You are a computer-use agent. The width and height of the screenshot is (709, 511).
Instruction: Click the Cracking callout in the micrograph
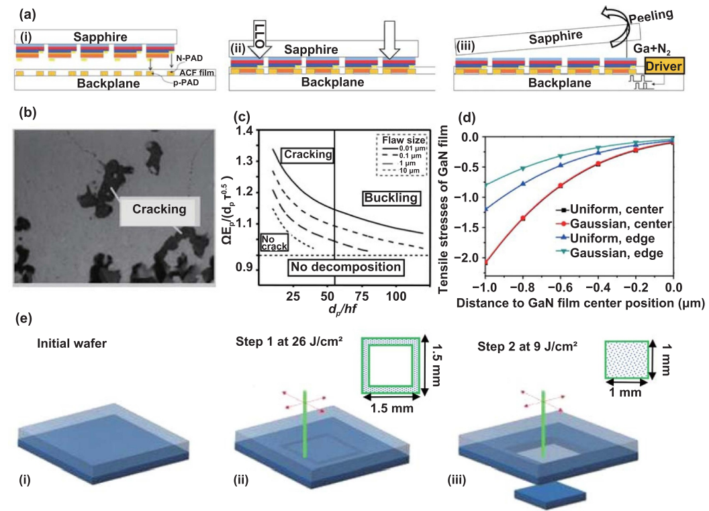(x=158, y=210)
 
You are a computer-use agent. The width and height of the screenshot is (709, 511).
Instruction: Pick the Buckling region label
(x=391, y=198)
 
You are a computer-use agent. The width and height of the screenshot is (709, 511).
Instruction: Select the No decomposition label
(x=346, y=267)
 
